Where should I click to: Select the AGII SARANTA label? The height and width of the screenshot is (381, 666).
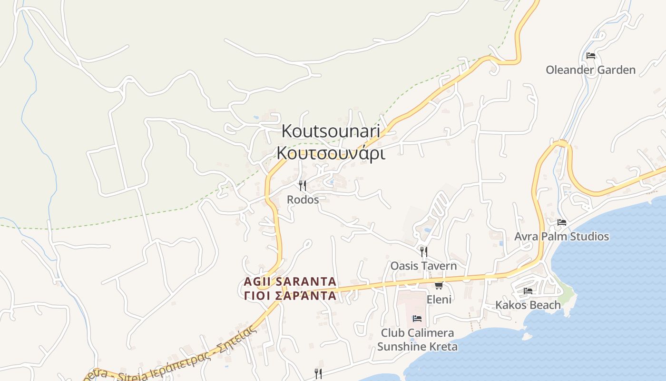[290, 281]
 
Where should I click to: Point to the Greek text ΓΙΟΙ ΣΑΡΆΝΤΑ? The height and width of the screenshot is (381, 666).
[290, 296]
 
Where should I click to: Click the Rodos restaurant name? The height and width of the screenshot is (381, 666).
[303, 200]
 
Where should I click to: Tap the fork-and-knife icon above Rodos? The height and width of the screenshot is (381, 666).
[303, 185]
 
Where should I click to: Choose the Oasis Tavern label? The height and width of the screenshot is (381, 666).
[423, 266]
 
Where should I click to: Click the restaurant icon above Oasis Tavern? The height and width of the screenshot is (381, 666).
[423, 251]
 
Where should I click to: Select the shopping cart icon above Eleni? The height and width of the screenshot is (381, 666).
[439, 285]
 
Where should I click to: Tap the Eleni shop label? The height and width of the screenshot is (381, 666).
[439, 300]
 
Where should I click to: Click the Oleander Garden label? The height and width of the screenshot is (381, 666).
[590, 70]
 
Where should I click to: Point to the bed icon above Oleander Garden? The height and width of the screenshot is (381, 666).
[591, 56]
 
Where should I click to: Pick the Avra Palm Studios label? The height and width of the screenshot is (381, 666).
[561, 237]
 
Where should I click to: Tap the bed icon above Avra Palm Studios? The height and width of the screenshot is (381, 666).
[562, 222]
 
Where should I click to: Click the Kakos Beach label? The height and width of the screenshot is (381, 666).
[528, 305]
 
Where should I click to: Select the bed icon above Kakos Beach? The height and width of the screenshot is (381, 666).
[528, 291]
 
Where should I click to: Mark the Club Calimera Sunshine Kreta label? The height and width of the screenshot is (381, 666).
[417, 340]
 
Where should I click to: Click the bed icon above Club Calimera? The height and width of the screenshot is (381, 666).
[417, 319]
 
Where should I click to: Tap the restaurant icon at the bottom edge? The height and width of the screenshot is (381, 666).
[318, 373]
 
